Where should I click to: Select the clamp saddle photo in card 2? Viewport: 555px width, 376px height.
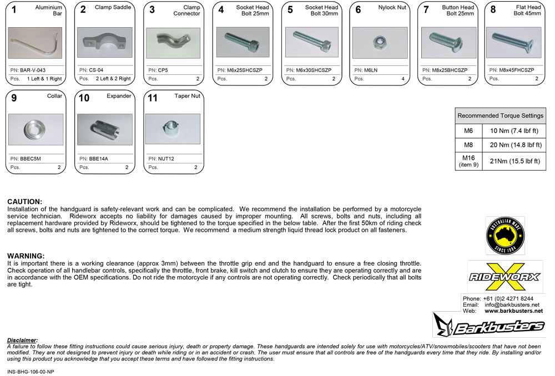pyautogui.click(x=104, y=42)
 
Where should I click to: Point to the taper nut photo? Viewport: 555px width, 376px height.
pyautogui.click(x=172, y=129)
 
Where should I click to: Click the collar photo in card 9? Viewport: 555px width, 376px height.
pyautogui.click(x=36, y=129)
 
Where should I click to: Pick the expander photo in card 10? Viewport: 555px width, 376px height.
pyautogui.click(x=104, y=129)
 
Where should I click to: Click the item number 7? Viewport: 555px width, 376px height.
pyautogui.click(x=426, y=9)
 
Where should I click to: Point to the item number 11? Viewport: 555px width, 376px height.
pyautogui.click(x=152, y=98)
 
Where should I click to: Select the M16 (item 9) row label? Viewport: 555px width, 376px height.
pyautogui.click(x=468, y=161)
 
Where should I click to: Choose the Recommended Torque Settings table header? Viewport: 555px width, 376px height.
pyautogui.click(x=500, y=116)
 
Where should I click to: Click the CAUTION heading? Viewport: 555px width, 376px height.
pyautogui.click(x=24, y=201)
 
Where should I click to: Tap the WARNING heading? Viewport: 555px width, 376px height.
pyautogui.click(x=26, y=256)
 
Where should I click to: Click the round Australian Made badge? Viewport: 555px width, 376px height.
pyautogui.click(x=505, y=236)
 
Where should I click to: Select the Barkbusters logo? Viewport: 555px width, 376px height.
pyautogui.click(x=489, y=326)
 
